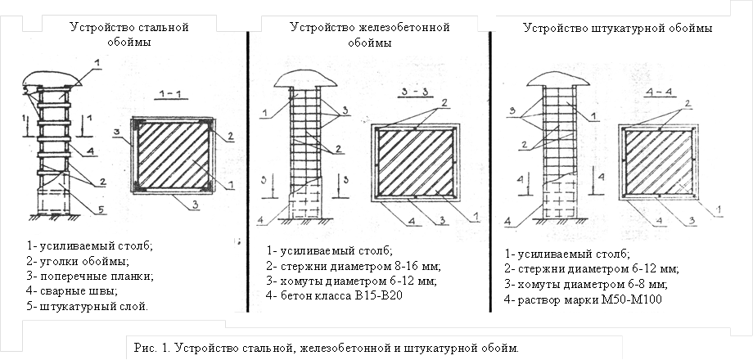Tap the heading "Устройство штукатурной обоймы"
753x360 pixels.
(x=616, y=29)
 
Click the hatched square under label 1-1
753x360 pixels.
(x=172, y=155)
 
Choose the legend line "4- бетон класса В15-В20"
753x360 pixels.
(x=335, y=295)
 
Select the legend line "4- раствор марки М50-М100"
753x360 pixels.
(x=584, y=298)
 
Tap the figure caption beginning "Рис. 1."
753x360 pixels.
(x=324, y=348)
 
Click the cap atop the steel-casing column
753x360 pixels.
(x=56, y=78)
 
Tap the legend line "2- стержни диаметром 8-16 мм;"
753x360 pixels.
(x=354, y=265)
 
